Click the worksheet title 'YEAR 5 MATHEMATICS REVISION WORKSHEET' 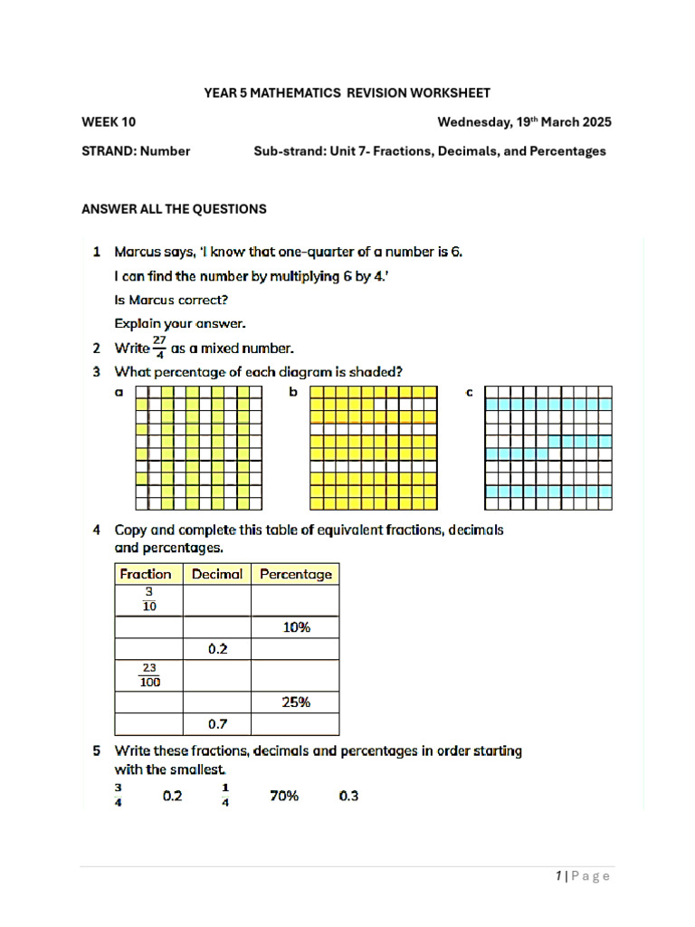347,93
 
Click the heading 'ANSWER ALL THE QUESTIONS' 174,209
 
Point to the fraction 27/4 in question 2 159,348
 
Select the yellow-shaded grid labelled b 373,447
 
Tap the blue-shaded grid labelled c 548,447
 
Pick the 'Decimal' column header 217,574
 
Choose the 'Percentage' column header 295,574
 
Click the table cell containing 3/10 148,600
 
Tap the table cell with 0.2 217,649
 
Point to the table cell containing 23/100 148,675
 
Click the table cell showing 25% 295,702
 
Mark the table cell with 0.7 217,724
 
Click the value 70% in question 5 284,797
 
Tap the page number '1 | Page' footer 583,875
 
